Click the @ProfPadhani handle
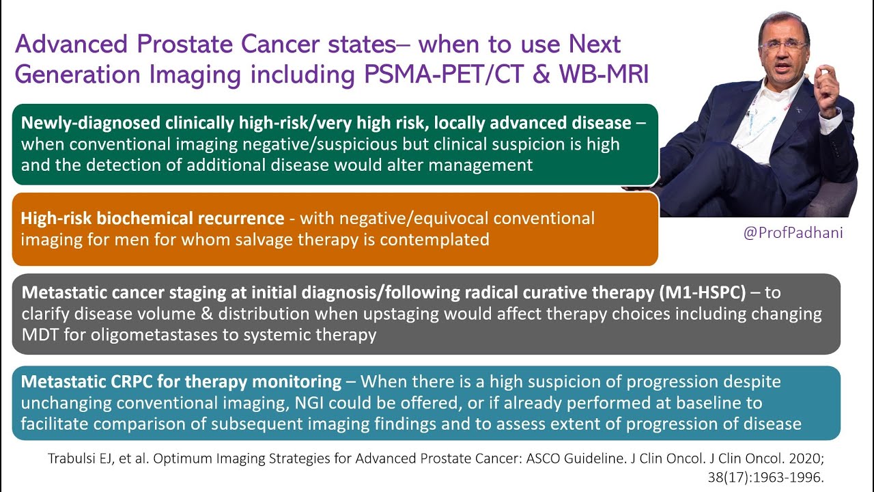coord(793,233)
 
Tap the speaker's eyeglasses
coord(783,45)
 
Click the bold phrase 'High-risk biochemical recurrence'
coord(152,219)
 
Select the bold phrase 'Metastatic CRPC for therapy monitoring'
coord(181,381)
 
